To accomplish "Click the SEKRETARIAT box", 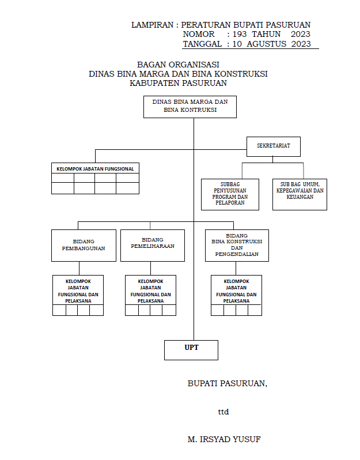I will [x=274, y=146].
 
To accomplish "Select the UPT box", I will [x=191, y=349].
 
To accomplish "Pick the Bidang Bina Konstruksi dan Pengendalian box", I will [x=237, y=245].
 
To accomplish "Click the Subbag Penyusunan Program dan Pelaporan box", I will [x=230, y=194].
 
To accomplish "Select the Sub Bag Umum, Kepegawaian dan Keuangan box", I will [x=299, y=194].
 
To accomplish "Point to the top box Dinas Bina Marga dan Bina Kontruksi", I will [x=190, y=106].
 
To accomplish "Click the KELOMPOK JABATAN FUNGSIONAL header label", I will [x=95, y=169].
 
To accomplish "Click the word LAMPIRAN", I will [x=153, y=25].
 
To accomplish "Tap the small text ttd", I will [x=223, y=412].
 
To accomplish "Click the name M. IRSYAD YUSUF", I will [x=224, y=439].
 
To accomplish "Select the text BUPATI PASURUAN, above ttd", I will [x=227, y=383].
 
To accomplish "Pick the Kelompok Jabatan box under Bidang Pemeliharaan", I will [x=150, y=290].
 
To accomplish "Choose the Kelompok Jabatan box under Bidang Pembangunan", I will [x=78, y=290].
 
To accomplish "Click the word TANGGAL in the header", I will [x=202, y=44].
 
